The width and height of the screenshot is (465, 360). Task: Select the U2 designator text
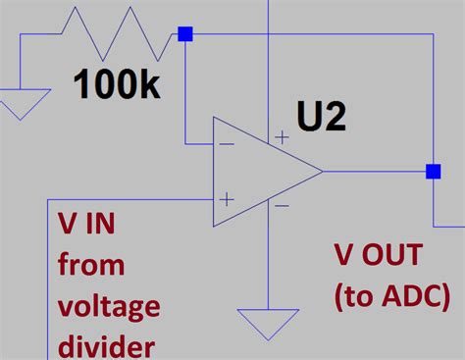(323, 118)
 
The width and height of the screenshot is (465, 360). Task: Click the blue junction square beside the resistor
(185, 34)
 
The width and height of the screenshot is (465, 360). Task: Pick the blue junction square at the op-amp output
(433, 172)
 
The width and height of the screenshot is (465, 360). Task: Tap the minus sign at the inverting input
(227, 143)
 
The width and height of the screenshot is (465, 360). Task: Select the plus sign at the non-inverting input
(227, 199)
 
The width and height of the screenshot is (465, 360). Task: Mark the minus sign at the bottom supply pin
(282, 205)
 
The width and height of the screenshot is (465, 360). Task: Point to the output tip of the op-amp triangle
(322, 172)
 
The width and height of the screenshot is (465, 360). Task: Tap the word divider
(106, 346)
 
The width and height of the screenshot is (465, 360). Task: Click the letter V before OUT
(344, 256)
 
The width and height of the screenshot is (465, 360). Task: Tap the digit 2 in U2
(336, 118)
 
